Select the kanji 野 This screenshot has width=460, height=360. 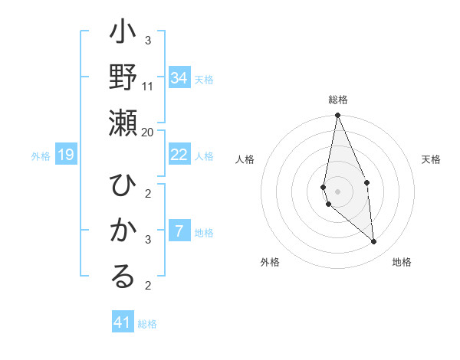[x=123, y=77]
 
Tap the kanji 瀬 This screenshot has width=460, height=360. [x=123, y=123]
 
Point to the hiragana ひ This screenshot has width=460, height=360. [x=123, y=185]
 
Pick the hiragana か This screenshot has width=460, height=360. [x=123, y=231]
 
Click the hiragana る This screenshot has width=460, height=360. [x=123, y=277]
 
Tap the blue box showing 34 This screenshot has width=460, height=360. [x=179, y=78]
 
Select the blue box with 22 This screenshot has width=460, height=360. [x=179, y=155]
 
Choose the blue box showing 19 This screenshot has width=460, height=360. [x=66, y=155]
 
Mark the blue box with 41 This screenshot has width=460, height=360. [x=123, y=322]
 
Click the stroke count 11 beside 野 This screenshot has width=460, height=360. [x=148, y=86]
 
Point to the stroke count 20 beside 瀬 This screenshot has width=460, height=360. [x=148, y=132]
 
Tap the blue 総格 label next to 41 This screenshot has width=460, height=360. [x=147, y=324]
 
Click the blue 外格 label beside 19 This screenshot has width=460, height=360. [x=41, y=156]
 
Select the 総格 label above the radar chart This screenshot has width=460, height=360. [x=337, y=100]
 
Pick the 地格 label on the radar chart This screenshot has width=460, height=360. [x=402, y=262]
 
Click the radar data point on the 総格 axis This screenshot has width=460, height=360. [x=337, y=116]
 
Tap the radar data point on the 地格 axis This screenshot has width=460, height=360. [x=373, y=241]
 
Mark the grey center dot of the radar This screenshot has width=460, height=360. [x=337, y=191]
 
